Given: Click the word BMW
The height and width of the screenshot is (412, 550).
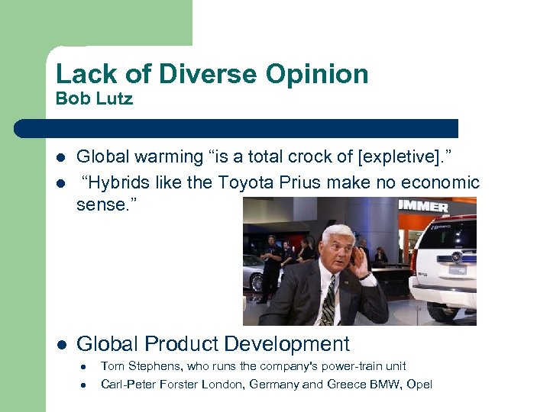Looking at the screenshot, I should click(387, 384).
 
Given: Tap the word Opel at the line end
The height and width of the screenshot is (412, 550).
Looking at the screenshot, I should click(420, 384).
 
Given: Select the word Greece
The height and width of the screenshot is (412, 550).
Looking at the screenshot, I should click(345, 384).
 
